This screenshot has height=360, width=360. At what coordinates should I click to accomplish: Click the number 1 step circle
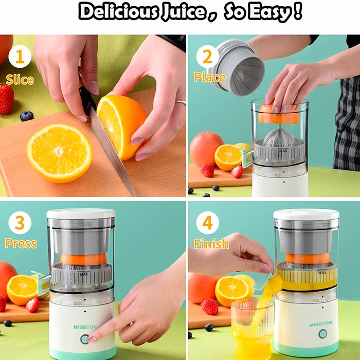(20, 57)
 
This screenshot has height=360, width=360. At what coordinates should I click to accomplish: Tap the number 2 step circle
(207, 57)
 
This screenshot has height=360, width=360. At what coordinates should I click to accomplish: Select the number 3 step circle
(20, 223)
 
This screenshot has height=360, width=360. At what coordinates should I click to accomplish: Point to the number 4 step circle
(207, 223)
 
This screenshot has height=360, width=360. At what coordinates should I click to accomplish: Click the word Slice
(20, 80)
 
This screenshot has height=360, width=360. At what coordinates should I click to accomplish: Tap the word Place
(210, 77)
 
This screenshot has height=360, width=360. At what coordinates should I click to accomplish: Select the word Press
(21, 244)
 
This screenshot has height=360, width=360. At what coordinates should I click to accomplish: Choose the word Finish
(211, 244)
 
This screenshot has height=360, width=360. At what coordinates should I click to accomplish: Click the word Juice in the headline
(183, 11)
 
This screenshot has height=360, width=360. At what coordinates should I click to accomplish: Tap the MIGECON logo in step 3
(85, 327)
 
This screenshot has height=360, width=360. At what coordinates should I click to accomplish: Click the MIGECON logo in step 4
(321, 324)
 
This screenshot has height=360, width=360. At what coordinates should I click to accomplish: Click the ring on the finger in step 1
(181, 102)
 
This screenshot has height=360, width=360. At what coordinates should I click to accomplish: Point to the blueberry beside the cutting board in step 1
(27, 116)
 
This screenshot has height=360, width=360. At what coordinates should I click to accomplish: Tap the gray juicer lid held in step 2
(237, 67)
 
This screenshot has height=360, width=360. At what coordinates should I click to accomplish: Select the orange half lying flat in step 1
(60, 153)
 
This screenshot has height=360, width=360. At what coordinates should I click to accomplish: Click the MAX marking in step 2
(283, 151)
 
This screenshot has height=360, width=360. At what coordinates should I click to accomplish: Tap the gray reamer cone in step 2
(279, 137)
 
